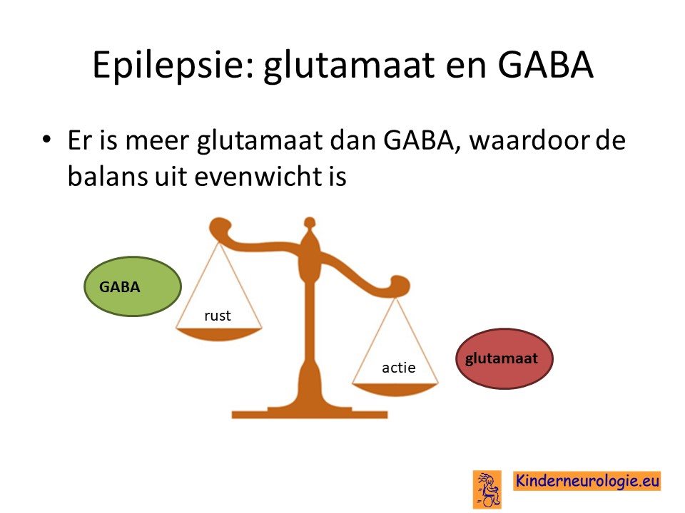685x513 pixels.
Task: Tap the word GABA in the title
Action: click(x=545, y=65)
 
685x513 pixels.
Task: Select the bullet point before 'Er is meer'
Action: click(x=46, y=140)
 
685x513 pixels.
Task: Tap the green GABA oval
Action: click(x=133, y=286)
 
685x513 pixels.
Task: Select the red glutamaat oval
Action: click(x=504, y=358)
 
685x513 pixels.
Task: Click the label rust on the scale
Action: click(x=218, y=316)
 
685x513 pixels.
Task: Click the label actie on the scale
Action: click(x=398, y=368)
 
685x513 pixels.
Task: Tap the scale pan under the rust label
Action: click(x=218, y=334)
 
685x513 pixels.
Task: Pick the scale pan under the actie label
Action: click(x=395, y=389)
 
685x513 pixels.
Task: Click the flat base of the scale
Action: click(x=309, y=413)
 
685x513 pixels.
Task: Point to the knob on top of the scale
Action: click(x=309, y=223)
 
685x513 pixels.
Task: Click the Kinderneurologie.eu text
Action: click(x=587, y=481)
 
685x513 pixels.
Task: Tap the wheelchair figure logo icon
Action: click(x=487, y=489)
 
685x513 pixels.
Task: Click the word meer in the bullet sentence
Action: click(x=157, y=140)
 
